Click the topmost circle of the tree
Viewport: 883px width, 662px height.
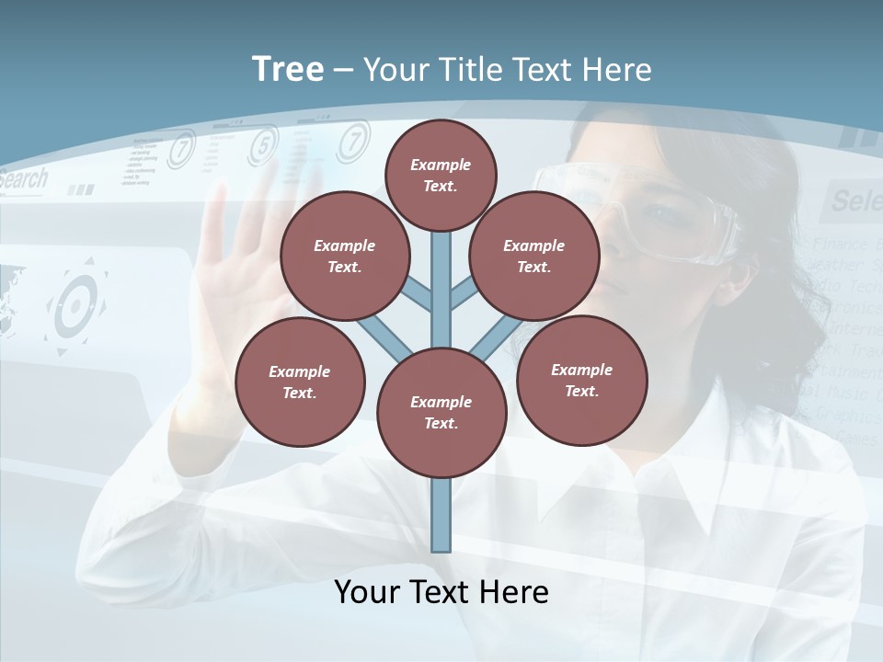pyautogui.click(x=441, y=175)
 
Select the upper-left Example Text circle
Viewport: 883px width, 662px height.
pyautogui.click(x=344, y=256)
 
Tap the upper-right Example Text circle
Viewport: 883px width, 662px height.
pyautogui.click(x=533, y=256)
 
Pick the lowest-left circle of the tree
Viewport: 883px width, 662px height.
pyautogui.click(x=299, y=382)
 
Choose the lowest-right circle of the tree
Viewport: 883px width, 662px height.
pyautogui.click(x=581, y=380)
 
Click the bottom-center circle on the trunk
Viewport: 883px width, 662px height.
pyautogui.click(x=441, y=412)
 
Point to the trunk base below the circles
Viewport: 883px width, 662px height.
pyautogui.click(x=441, y=515)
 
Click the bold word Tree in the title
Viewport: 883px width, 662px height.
pyautogui.click(x=288, y=69)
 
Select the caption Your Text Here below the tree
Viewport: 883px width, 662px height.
pyautogui.click(x=441, y=591)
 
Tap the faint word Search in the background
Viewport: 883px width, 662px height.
pyautogui.click(x=22, y=179)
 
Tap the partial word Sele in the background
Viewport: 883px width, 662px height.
pyautogui.click(x=855, y=200)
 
